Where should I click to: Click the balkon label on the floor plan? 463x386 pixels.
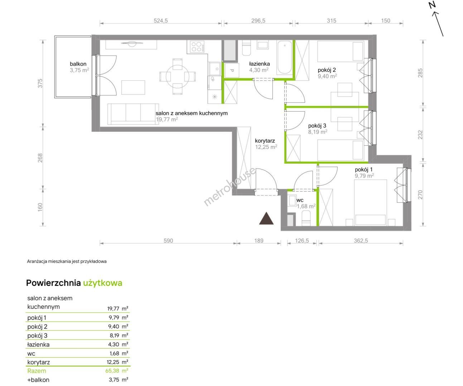[78, 64]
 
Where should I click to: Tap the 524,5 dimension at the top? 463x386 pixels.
[161, 21]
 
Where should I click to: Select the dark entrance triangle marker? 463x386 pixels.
[266, 218]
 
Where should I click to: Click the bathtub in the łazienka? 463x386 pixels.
[285, 57]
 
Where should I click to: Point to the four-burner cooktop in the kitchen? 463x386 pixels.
[197, 46]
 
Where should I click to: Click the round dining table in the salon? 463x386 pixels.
[178, 76]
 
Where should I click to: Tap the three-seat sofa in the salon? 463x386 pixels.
[133, 114]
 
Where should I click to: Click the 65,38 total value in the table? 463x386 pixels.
[112, 371]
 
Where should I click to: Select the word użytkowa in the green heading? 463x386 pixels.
[103, 283]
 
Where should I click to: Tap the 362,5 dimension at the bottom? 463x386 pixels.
[361, 241]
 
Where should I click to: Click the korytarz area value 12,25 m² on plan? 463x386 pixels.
[266, 147]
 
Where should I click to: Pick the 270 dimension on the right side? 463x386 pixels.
[420, 194]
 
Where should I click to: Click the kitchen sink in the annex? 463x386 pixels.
[214, 69]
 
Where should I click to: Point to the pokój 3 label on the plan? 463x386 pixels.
[317, 126]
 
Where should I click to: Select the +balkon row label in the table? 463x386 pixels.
[38, 380]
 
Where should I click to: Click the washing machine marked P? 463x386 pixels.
[232, 70]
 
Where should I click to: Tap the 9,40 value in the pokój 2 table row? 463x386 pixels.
[114, 326]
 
